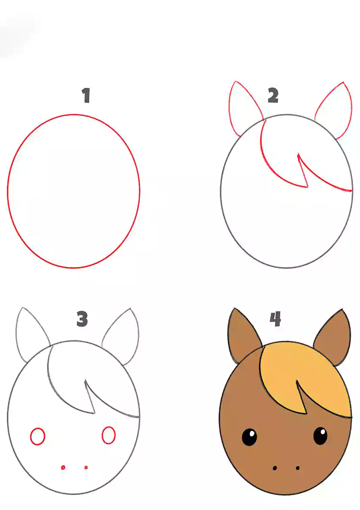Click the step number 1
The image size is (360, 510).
86,95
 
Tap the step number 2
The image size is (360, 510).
273,95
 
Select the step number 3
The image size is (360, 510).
82,319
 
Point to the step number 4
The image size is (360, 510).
275,319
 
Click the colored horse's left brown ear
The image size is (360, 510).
241,337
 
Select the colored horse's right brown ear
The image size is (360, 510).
334,339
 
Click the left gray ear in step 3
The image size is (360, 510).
17,337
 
